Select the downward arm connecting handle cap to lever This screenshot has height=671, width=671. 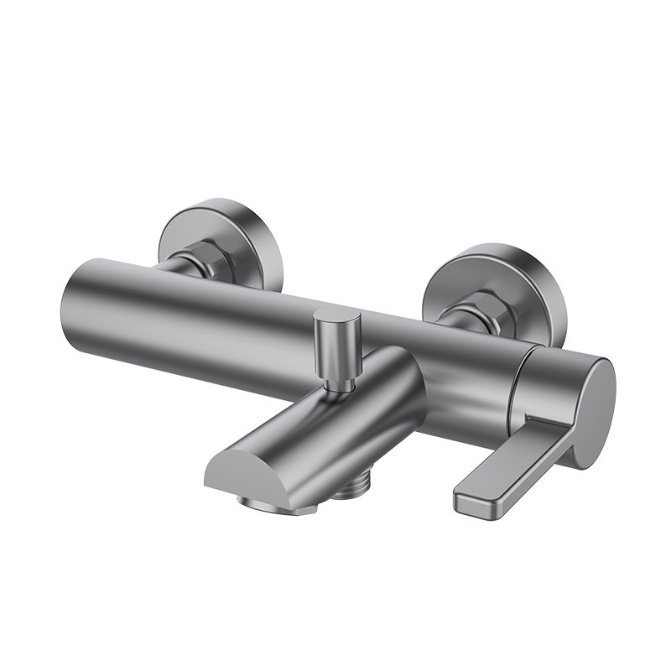pyautogui.click(x=550, y=432)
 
